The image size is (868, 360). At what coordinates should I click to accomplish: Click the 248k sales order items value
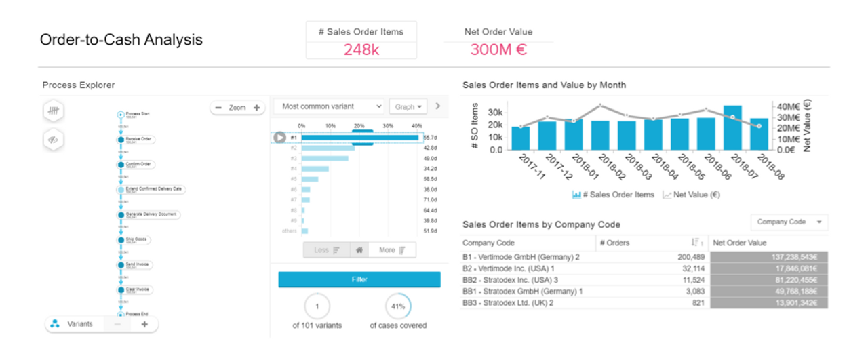click(x=361, y=49)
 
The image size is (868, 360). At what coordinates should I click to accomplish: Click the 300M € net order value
click(x=498, y=49)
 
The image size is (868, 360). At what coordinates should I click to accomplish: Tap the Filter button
click(x=359, y=279)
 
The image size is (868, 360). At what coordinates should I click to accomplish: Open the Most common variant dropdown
click(x=328, y=106)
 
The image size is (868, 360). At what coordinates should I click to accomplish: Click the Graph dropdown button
click(x=408, y=106)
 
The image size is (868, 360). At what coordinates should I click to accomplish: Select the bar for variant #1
click(x=360, y=138)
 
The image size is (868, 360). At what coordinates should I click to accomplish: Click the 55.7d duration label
click(x=429, y=138)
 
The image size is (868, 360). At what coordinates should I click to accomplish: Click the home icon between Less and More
click(x=359, y=250)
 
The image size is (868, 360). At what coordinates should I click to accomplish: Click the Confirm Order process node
click(x=140, y=164)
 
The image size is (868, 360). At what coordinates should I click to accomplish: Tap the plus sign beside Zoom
click(x=256, y=108)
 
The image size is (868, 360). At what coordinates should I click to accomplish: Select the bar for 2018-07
click(x=732, y=127)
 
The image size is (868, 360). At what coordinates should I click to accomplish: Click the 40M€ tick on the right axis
click(x=788, y=106)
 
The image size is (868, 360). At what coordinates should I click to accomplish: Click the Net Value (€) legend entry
click(x=692, y=195)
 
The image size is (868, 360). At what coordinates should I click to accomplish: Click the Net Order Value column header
click(x=740, y=243)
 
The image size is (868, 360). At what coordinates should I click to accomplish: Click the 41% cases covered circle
click(x=398, y=306)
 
